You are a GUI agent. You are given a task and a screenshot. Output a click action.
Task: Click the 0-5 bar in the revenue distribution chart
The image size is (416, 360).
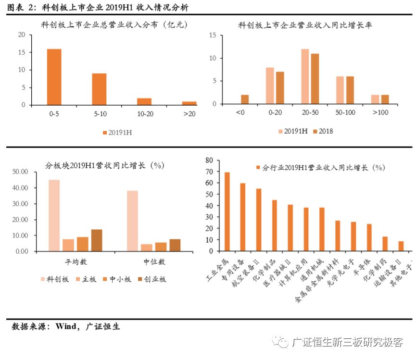54,77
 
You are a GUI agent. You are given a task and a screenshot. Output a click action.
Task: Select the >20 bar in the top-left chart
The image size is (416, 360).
189,103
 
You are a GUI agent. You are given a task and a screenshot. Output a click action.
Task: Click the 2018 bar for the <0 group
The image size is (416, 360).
245,99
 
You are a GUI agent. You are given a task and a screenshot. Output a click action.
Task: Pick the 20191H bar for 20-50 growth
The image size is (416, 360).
305,76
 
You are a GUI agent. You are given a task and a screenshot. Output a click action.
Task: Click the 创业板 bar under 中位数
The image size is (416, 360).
175,245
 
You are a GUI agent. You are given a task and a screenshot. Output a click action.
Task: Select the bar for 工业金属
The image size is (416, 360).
227,211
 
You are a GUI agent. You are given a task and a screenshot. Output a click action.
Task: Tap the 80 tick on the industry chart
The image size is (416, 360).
209,160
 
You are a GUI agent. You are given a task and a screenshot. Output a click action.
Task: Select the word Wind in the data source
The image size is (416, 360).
65,327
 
